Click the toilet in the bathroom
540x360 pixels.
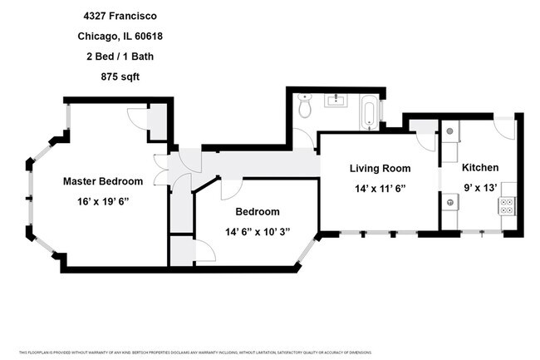point(305,106)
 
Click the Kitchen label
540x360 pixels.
point(480,167)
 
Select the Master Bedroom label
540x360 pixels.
point(103,181)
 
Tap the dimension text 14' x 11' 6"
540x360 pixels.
point(379,189)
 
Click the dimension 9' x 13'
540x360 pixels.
point(480,187)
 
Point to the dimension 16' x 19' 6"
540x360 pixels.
point(103,201)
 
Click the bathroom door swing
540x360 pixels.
point(304,137)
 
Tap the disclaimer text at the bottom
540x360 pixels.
point(270,352)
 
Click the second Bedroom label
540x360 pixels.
point(257,212)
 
